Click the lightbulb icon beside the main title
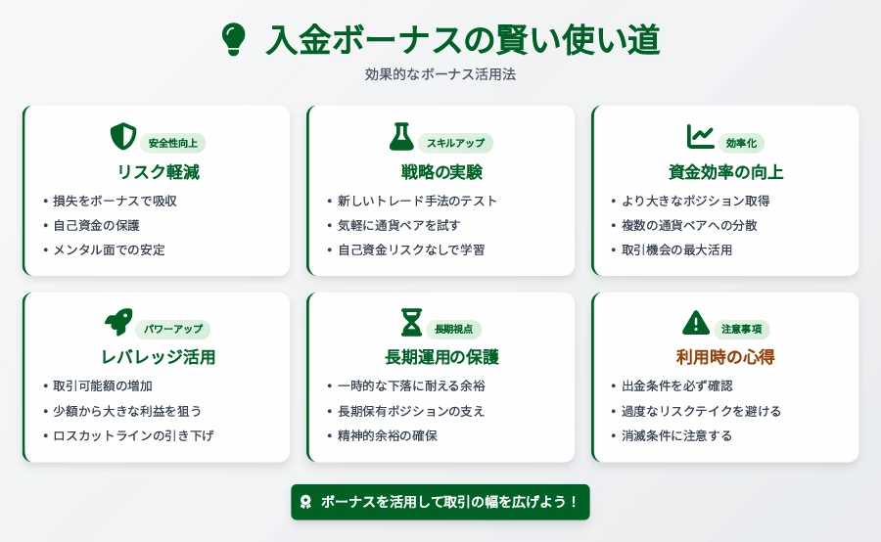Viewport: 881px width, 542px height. [x=234, y=39]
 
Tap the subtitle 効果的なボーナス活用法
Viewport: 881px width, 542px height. [x=440, y=74]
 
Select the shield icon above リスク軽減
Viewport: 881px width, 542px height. [x=123, y=137]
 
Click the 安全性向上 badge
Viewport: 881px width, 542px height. [x=172, y=143]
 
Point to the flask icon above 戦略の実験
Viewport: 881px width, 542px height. [x=401, y=137]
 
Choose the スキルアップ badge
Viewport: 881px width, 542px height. [x=455, y=143]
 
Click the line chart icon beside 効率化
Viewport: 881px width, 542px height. [x=700, y=137]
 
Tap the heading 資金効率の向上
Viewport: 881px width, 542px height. [x=725, y=172]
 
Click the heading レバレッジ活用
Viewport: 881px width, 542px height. [x=158, y=357]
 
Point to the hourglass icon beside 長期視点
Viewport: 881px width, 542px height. [x=411, y=323]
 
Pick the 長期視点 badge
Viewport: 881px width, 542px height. [x=453, y=329]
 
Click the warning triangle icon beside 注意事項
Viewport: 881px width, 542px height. [x=696, y=323]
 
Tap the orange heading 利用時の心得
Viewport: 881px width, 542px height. [x=725, y=357]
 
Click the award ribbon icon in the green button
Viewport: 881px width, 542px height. [x=305, y=502]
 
